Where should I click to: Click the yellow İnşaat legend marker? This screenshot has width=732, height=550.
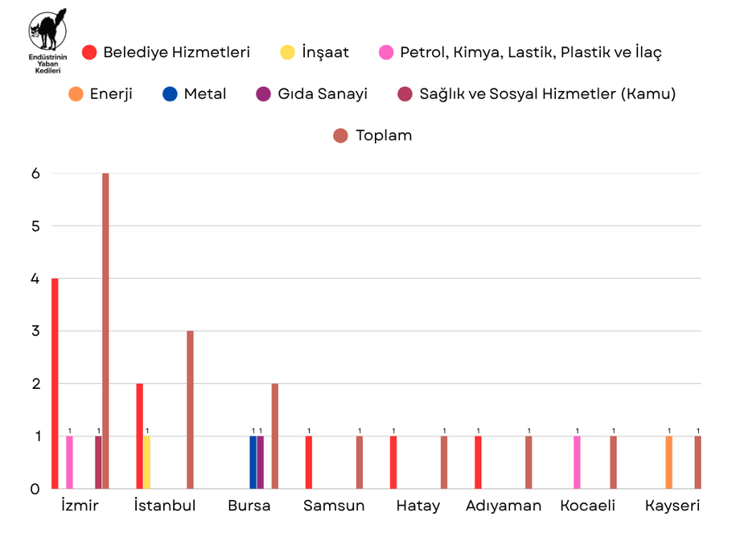(286, 52)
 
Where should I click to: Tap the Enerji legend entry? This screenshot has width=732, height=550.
(100, 93)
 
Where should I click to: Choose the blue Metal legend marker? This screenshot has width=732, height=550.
(169, 93)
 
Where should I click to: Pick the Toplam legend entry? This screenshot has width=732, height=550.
(372, 135)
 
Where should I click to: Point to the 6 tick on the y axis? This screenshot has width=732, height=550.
(35, 173)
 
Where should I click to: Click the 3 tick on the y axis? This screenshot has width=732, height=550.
(35, 331)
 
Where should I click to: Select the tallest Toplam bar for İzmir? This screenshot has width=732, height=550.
(105, 330)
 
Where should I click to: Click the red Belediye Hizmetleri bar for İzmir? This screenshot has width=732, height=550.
(55, 383)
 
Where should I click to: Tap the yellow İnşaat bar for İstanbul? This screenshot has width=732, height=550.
(147, 462)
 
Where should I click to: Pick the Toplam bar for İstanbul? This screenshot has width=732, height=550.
(190, 409)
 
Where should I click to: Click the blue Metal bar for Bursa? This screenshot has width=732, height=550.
(253, 462)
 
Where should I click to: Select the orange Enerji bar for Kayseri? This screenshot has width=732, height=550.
(669, 462)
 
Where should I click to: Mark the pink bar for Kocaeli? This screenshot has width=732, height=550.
(577, 462)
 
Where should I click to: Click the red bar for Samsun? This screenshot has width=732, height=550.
(309, 462)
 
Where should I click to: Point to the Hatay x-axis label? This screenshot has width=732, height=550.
(418, 506)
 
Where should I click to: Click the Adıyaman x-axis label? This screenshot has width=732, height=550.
(504, 506)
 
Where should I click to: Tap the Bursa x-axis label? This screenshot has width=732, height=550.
(249, 506)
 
